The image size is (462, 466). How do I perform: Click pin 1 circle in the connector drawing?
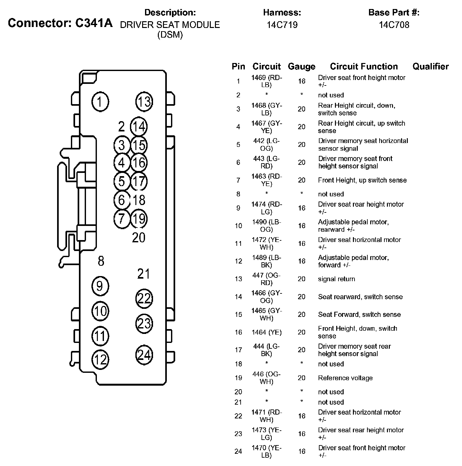100,102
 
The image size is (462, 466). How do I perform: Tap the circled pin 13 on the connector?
144,102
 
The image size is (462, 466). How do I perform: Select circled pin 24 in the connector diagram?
144,355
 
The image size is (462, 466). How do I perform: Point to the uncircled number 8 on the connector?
101,261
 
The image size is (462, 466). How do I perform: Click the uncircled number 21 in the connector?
143,274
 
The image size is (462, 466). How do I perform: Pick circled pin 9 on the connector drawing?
100,286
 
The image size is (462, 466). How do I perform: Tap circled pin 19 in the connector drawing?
139,219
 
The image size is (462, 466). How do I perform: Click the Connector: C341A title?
60,23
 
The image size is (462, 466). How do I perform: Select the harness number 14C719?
282,25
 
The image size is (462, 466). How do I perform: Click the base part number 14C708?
394,25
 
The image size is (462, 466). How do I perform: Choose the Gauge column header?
302,67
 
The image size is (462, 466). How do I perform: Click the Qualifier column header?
431,67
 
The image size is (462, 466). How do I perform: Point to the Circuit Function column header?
364,67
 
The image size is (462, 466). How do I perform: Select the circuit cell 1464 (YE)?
267,332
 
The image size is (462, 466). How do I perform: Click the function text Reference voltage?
345,378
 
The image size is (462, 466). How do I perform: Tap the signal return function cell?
337,279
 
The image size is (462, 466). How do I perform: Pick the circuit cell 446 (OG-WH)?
267,378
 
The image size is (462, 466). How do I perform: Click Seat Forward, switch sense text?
359,314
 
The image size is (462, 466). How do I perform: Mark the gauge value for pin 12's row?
302,261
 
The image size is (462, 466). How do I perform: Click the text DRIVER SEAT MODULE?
170,25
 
